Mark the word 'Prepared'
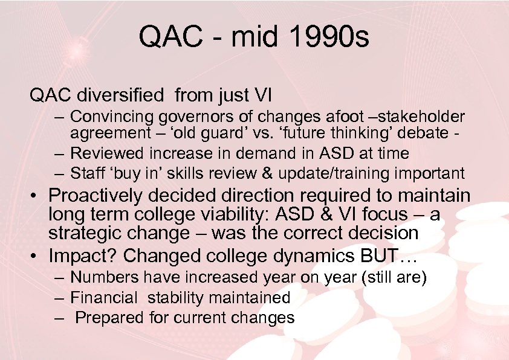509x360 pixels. (107, 318)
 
